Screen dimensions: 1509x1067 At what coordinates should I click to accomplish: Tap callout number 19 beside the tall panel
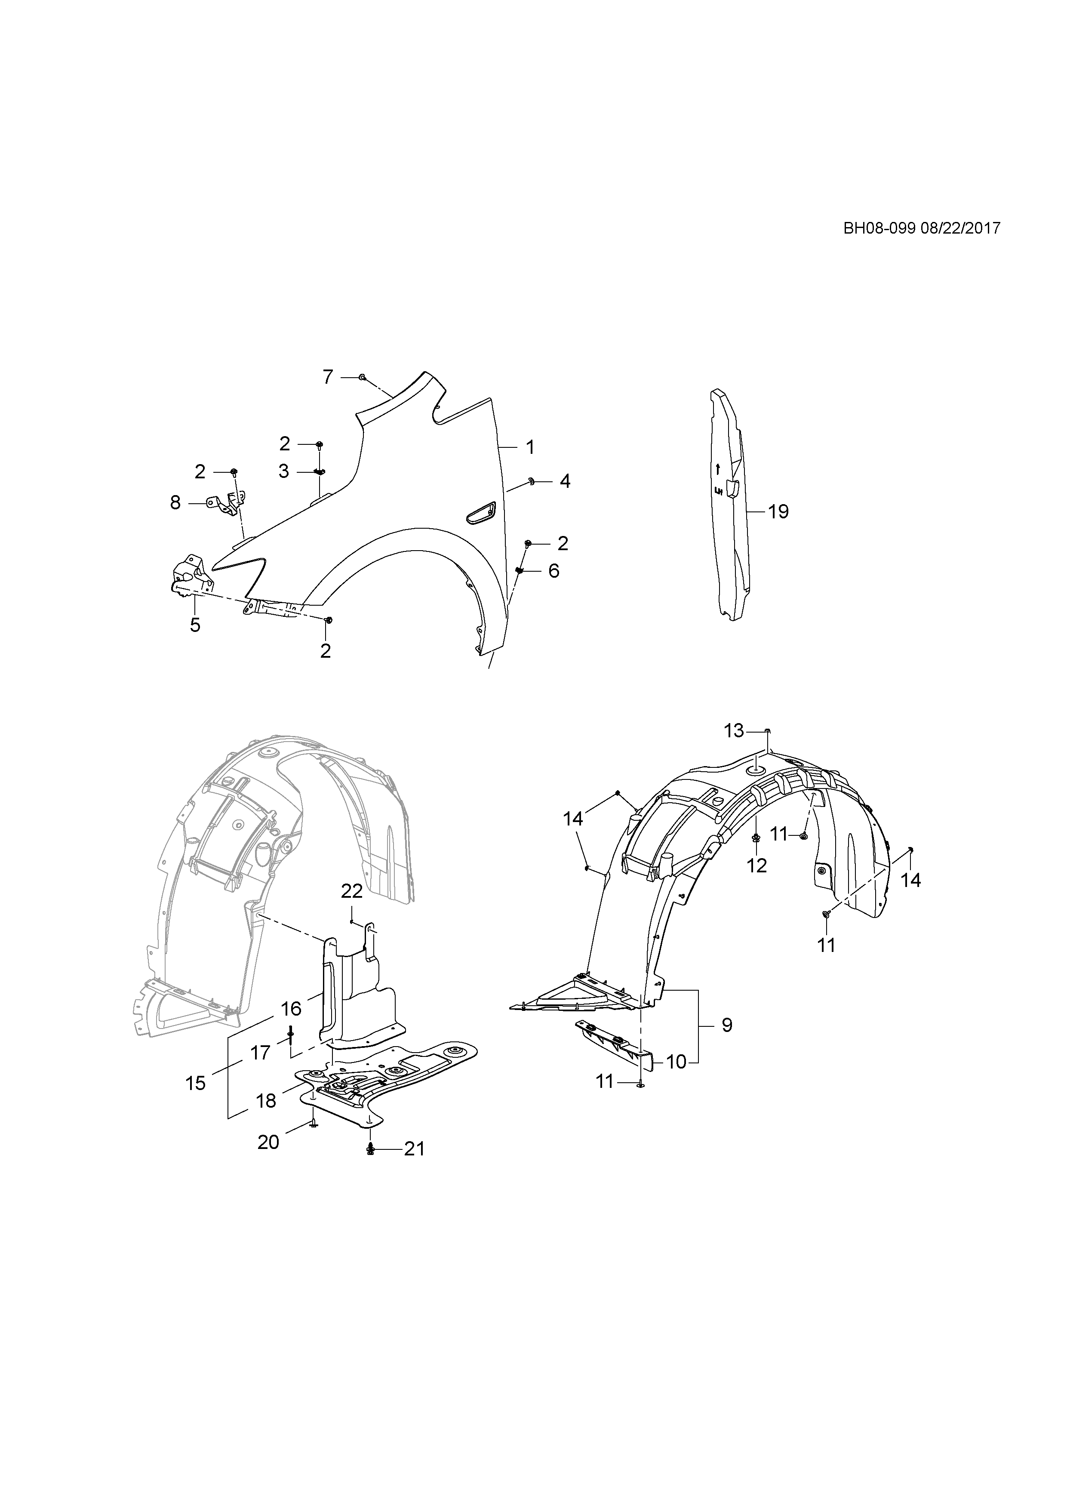pyautogui.click(x=778, y=511)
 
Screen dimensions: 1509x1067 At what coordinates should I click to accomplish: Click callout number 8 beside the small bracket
pyautogui.click(x=175, y=503)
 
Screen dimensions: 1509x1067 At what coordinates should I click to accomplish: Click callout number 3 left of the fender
pyautogui.click(x=284, y=471)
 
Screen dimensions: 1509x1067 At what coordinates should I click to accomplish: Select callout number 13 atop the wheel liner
pyautogui.click(x=734, y=730)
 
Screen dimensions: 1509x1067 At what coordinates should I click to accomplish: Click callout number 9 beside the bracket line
pyautogui.click(x=727, y=1025)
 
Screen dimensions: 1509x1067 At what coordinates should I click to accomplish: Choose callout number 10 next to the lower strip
pyautogui.click(x=676, y=1062)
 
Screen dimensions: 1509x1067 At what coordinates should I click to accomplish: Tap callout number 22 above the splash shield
pyautogui.click(x=352, y=892)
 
